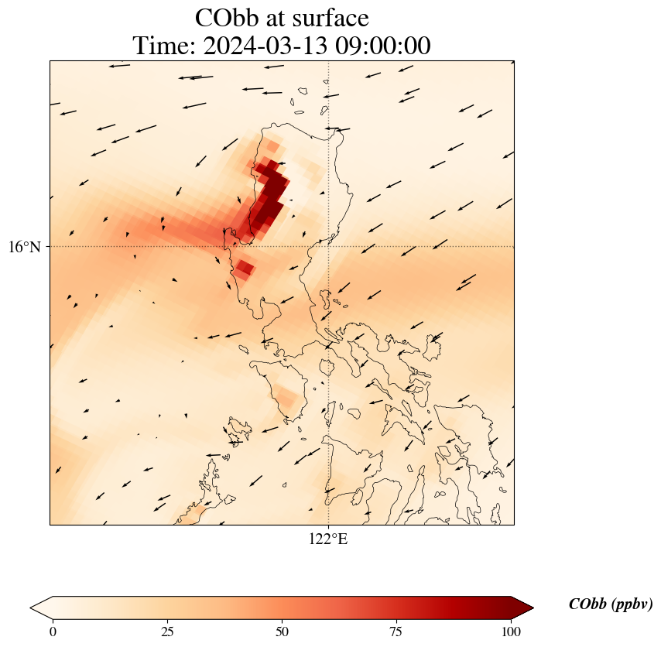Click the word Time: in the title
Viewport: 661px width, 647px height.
click(x=165, y=46)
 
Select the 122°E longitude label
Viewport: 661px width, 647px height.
click(x=328, y=539)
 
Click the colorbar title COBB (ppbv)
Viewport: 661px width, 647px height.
click(x=610, y=604)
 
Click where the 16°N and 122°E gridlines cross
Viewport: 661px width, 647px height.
click(x=329, y=247)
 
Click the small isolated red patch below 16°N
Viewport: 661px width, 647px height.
click(x=245, y=269)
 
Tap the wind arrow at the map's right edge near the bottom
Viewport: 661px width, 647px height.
click(x=509, y=462)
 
